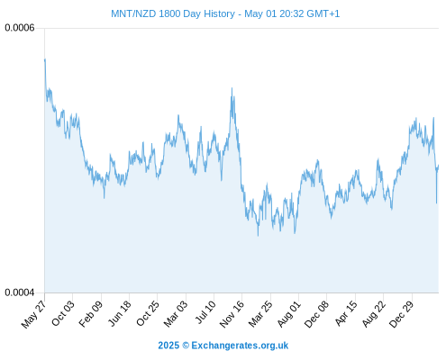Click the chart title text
pyautogui.click(x=225, y=13)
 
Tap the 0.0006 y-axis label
pyautogui.click(x=20, y=28)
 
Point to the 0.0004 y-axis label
pyautogui.click(x=20, y=292)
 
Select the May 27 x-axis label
pyautogui.click(x=34, y=314)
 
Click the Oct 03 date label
pyautogui.click(x=62, y=313)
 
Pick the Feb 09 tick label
pyautogui.click(x=91, y=313)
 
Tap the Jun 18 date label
pyautogui.click(x=120, y=313)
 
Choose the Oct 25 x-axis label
pyautogui.click(x=148, y=313)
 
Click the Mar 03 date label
pyautogui.click(x=176, y=313)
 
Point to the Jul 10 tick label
pyautogui.click(x=205, y=312)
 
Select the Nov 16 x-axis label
pyautogui.click(x=232, y=314)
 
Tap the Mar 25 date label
pyautogui.click(x=260, y=313)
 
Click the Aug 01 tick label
pyautogui.click(x=289, y=314)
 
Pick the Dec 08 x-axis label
pyautogui.click(x=316, y=314)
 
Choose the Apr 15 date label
pyautogui.click(x=346, y=313)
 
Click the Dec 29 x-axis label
pyautogui.click(x=402, y=314)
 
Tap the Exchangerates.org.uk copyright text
pyautogui.click(x=223, y=346)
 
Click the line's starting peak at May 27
pyautogui.click(x=45, y=59)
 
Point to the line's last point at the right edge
pyautogui.click(x=439, y=166)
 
